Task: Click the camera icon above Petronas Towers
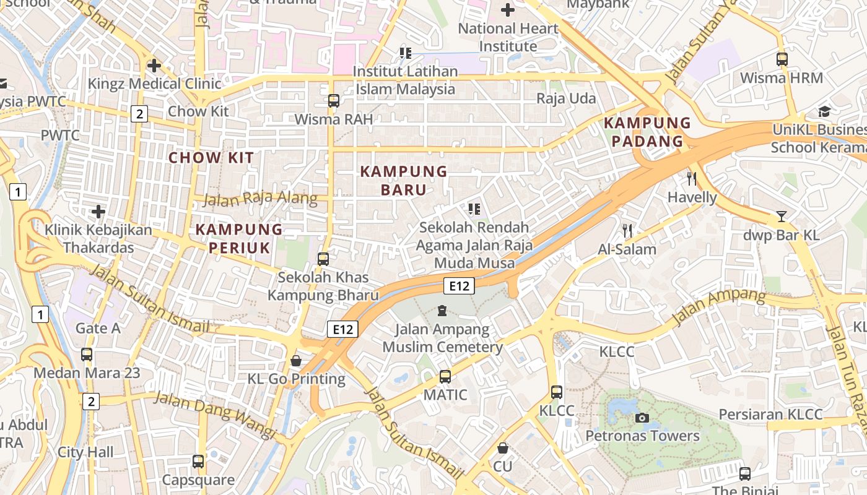tap(642, 418)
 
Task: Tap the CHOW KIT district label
tap(211, 158)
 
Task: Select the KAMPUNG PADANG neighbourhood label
tap(647, 132)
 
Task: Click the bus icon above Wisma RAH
tap(334, 100)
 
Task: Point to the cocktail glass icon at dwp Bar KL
tap(782, 217)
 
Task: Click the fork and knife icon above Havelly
tap(692, 179)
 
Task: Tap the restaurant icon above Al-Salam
tap(627, 231)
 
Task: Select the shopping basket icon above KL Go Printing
tap(296, 361)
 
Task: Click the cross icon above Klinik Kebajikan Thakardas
tap(98, 212)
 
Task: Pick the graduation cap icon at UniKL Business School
tap(824, 111)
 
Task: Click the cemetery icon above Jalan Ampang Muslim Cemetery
tap(442, 311)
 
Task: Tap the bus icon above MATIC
tap(445, 376)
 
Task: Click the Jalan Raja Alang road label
tap(260, 199)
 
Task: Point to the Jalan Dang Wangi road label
tap(214, 414)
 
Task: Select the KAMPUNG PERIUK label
tap(239, 238)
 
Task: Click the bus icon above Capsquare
tap(198, 461)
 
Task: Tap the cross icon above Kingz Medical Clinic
tap(154, 65)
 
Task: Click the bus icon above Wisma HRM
tap(782, 59)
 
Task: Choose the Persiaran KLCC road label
tap(770, 415)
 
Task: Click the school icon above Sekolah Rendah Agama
tap(474, 209)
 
